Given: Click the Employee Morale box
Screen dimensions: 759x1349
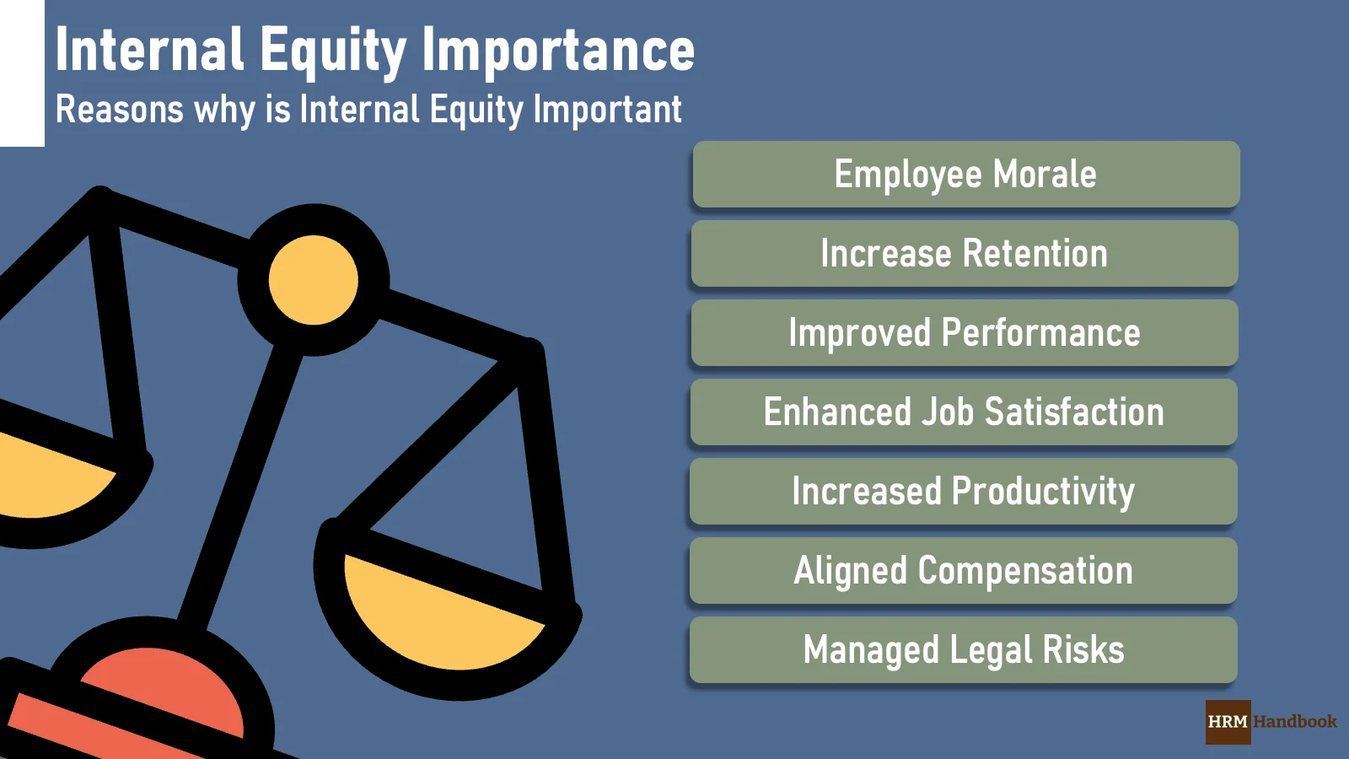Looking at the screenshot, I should [x=965, y=175].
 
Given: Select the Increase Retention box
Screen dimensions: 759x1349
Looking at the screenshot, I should [x=965, y=254].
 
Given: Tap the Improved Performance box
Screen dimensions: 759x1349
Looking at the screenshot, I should [x=965, y=333].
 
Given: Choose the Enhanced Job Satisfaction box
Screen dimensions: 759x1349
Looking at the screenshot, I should [x=964, y=412].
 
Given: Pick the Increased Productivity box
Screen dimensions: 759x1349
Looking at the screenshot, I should [x=964, y=492].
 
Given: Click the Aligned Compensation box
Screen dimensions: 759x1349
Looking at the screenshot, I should [x=964, y=571].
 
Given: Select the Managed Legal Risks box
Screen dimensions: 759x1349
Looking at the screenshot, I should [x=964, y=650].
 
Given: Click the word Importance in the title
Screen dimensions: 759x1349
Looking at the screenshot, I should [x=558, y=51].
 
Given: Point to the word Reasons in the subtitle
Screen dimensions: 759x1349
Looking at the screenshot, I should [x=119, y=110].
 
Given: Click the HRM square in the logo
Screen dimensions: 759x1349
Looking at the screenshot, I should [x=1228, y=722].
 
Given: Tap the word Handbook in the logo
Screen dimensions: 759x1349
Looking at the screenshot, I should [x=1295, y=722].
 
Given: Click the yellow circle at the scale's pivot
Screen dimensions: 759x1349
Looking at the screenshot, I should [x=314, y=280].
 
